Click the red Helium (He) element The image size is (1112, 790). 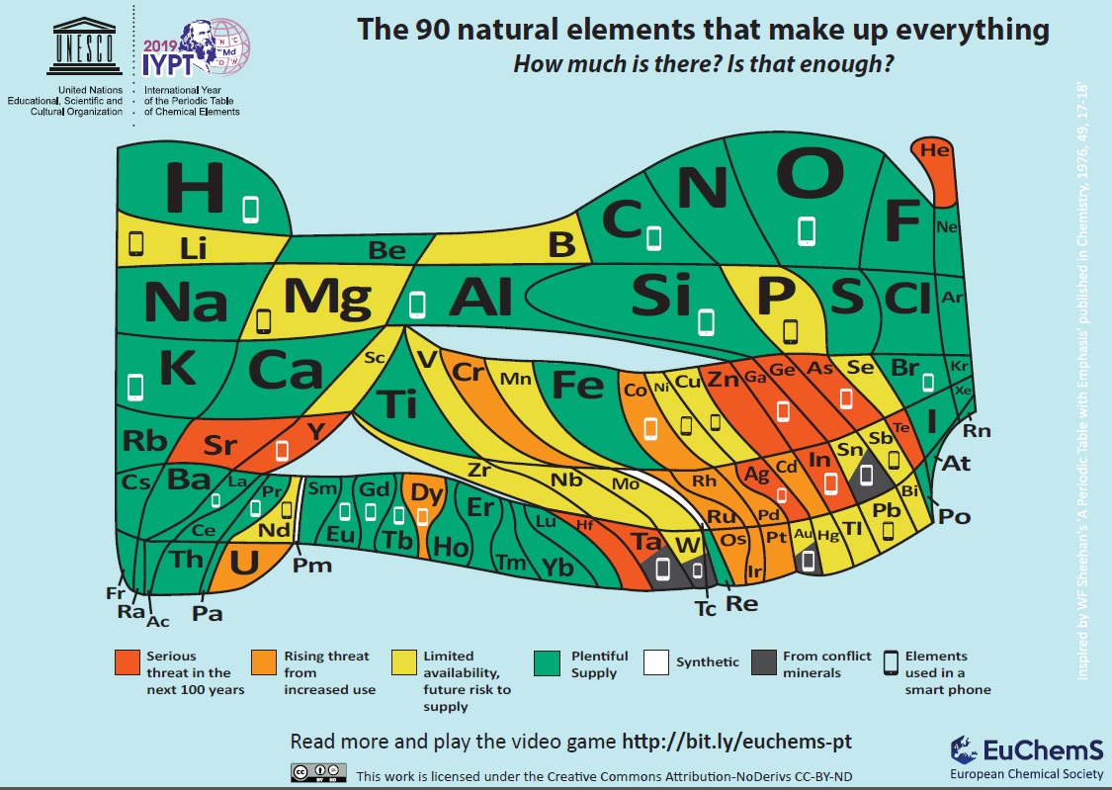click(934, 151)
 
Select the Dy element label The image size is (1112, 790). click(426, 492)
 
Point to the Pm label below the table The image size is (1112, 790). click(312, 566)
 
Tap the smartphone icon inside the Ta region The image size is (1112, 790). click(662, 569)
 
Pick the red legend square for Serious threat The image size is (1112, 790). click(127, 660)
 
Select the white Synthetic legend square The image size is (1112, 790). click(656, 660)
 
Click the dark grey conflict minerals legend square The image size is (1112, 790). click(764, 660)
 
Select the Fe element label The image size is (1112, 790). click(576, 384)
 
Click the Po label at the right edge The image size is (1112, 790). click(953, 515)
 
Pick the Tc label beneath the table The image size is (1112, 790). click(705, 608)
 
